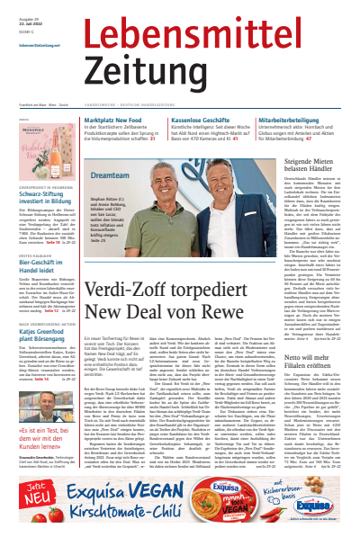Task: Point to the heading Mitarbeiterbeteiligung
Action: coord(292,119)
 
